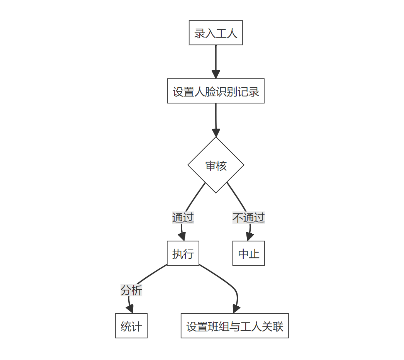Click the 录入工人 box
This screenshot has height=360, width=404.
216,33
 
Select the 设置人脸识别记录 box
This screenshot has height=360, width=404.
216,91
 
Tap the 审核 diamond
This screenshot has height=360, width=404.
216,165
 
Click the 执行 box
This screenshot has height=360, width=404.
183,253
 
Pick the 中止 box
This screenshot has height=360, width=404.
248,253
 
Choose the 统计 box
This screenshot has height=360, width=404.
131,326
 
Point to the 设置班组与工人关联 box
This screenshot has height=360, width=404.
234,326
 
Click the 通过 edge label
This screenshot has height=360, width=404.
183,218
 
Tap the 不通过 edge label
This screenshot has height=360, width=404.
248,218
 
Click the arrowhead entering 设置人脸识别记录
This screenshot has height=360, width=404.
216,75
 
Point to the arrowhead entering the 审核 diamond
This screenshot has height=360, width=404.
216,132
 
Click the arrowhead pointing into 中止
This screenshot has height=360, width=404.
249,237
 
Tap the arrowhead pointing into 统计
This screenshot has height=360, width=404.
130,309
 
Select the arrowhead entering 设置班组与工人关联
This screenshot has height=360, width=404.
236,309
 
